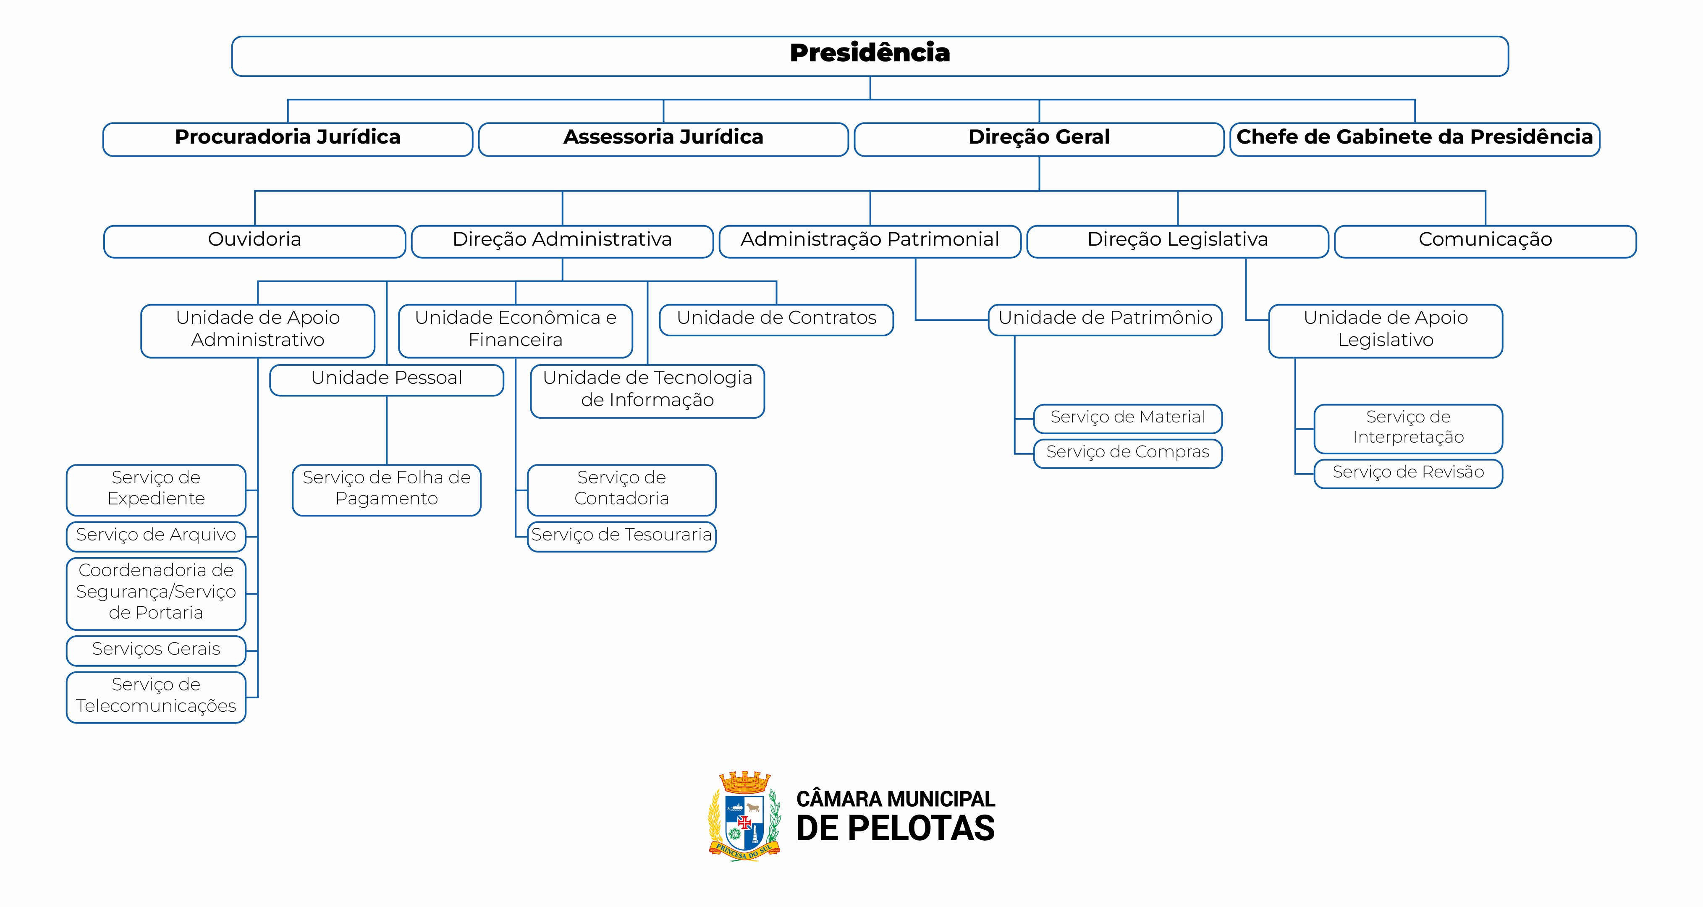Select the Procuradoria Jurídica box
click(288, 139)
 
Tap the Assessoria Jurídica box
click(663, 139)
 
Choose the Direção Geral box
click(1039, 139)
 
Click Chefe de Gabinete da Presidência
click(1414, 139)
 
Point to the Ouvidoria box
click(254, 241)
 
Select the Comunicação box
click(1485, 241)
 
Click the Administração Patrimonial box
click(870, 241)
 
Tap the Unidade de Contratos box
click(776, 319)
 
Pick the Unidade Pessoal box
click(387, 380)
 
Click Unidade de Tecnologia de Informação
click(647, 390)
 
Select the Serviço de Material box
click(1127, 418)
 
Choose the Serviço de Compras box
click(1127, 453)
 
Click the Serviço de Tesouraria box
click(621, 535)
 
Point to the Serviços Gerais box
click(156, 650)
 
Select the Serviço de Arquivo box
click(156, 535)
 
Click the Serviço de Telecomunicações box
click(156, 696)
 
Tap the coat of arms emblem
click(744, 816)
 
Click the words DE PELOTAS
click(895, 829)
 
